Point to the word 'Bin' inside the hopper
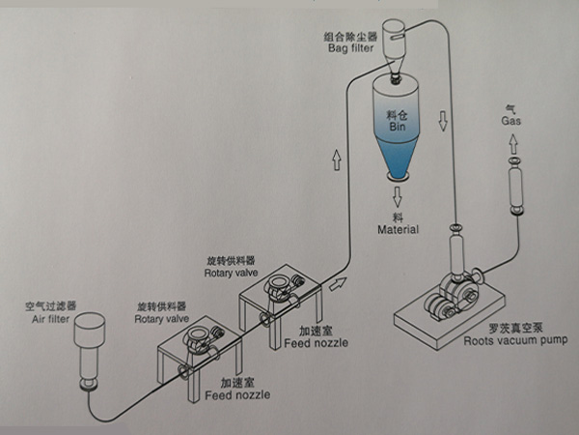pyautogui.click(x=396, y=126)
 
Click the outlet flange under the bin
pyautogui.click(x=397, y=176)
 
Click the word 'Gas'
pyautogui.click(x=511, y=123)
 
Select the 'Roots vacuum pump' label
pyautogui.click(x=515, y=339)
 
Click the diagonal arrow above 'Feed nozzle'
pyautogui.click(x=337, y=283)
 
